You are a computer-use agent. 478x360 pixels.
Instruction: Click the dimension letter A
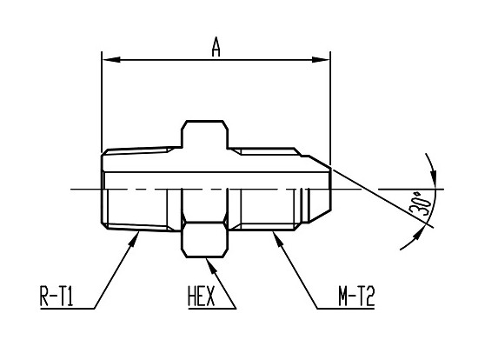(x=216, y=47)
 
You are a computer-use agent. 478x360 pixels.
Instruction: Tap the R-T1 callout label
(x=56, y=296)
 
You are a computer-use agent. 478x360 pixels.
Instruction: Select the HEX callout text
(x=202, y=296)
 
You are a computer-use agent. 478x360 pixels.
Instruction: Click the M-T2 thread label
(x=356, y=296)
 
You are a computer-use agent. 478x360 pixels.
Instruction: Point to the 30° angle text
(x=421, y=203)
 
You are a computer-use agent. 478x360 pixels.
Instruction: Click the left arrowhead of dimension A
(x=110, y=60)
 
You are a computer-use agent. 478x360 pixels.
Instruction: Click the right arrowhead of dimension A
(x=321, y=60)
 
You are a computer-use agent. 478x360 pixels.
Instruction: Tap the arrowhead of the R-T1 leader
(x=135, y=239)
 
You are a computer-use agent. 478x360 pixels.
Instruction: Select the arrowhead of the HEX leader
(x=212, y=266)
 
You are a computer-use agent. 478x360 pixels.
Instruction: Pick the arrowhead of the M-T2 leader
(x=278, y=238)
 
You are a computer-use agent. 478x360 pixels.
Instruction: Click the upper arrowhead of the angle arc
(x=432, y=177)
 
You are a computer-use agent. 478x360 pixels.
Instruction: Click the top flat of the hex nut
(x=205, y=121)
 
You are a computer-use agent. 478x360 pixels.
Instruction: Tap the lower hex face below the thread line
(x=204, y=240)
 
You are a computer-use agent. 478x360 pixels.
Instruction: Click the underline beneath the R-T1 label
(x=67, y=309)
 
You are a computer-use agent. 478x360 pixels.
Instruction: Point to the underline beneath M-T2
(x=346, y=309)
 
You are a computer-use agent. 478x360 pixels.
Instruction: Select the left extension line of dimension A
(x=102, y=102)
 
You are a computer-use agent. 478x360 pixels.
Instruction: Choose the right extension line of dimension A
(x=330, y=109)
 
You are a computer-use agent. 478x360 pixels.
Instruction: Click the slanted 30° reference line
(x=382, y=197)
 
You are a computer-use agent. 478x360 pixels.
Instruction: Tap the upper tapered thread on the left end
(x=139, y=150)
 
